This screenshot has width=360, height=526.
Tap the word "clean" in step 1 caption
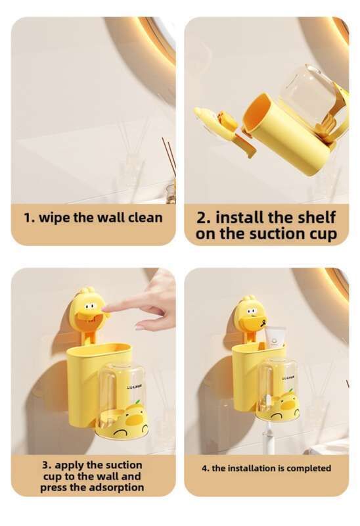click(x=146, y=218)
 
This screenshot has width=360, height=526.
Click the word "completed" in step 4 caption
click(x=309, y=468)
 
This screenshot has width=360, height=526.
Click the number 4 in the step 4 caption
click(x=204, y=468)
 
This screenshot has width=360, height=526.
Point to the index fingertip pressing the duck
click(x=104, y=309)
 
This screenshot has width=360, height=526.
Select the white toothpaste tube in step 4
click(x=275, y=338)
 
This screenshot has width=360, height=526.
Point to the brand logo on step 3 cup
click(x=134, y=387)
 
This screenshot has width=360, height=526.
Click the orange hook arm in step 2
click(x=244, y=143)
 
